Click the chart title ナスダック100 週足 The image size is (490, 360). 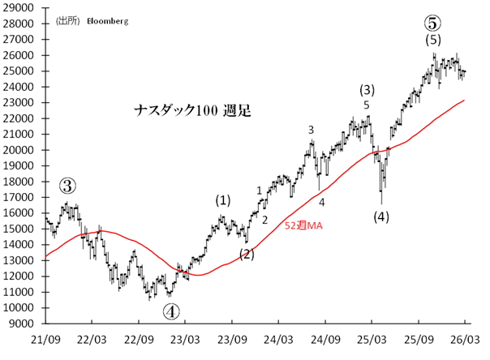(x=191, y=110)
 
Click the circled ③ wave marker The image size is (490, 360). (x=67, y=186)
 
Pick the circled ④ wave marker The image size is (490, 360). (x=172, y=310)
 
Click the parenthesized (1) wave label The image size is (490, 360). (x=223, y=199)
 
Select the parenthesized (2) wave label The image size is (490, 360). (x=247, y=254)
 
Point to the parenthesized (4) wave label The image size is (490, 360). (x=381, y=216)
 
